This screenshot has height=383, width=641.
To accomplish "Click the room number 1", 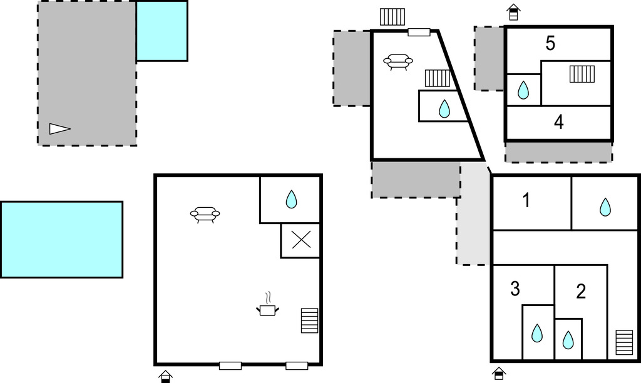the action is coord(526,200).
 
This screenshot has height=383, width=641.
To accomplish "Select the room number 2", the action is coord(581,292).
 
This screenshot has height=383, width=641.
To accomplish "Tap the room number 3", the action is coord(515,289).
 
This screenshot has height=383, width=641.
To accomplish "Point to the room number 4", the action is coord(559,122).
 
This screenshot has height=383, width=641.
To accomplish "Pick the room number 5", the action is coord(550,43).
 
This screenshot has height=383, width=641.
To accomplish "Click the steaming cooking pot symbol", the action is coord(267,305).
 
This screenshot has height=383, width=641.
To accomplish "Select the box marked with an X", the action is coord(300,240).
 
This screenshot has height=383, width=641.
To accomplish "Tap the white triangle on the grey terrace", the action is coord(59,129).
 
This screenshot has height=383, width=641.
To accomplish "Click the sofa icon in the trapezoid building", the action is coord(397,62).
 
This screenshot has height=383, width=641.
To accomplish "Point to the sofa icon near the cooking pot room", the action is coord(205,215).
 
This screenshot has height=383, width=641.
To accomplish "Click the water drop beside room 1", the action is coord(605,207).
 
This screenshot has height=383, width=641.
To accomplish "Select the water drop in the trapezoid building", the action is coord(444,109).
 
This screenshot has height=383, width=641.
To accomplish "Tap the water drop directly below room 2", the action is coord(568,340).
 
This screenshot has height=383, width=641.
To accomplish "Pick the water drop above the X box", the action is coord(291,199).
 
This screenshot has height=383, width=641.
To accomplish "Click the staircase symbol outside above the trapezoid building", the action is coord(392,17).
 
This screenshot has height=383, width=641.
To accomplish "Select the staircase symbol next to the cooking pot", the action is coord(309,320).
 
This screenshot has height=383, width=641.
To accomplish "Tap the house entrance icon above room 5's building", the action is coord(513,12).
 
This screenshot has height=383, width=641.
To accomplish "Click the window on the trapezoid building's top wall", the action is coord(419,33).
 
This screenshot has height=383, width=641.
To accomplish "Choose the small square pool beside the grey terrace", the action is coord(162,31).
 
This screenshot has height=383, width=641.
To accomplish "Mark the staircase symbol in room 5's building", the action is coord(582,74).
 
